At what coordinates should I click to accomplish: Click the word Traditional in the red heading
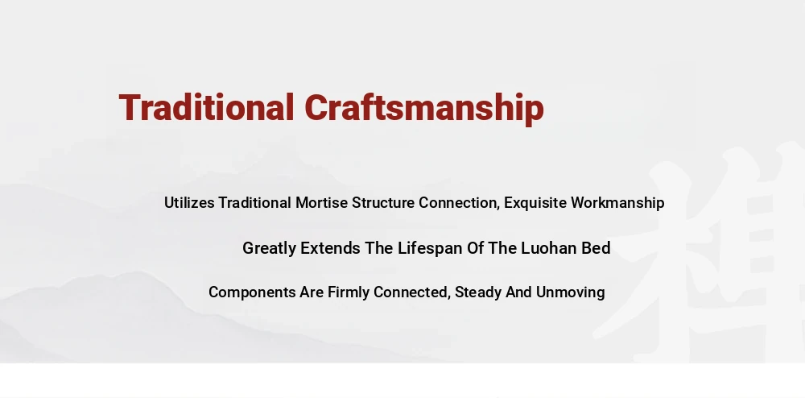[206, 107]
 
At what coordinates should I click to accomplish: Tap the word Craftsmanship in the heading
[424, 109]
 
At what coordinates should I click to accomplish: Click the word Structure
[383, 202]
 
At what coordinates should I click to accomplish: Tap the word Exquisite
[535, 203]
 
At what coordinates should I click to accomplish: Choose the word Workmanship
[617, 203]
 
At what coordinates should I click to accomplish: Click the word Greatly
[269, 249]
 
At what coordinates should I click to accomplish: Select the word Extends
[330, 248]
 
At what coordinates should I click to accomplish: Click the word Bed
[596, 248]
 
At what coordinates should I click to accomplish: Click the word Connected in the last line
[412, 292]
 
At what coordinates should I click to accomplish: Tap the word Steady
[478, 292]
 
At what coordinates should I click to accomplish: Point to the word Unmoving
[571, 292]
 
